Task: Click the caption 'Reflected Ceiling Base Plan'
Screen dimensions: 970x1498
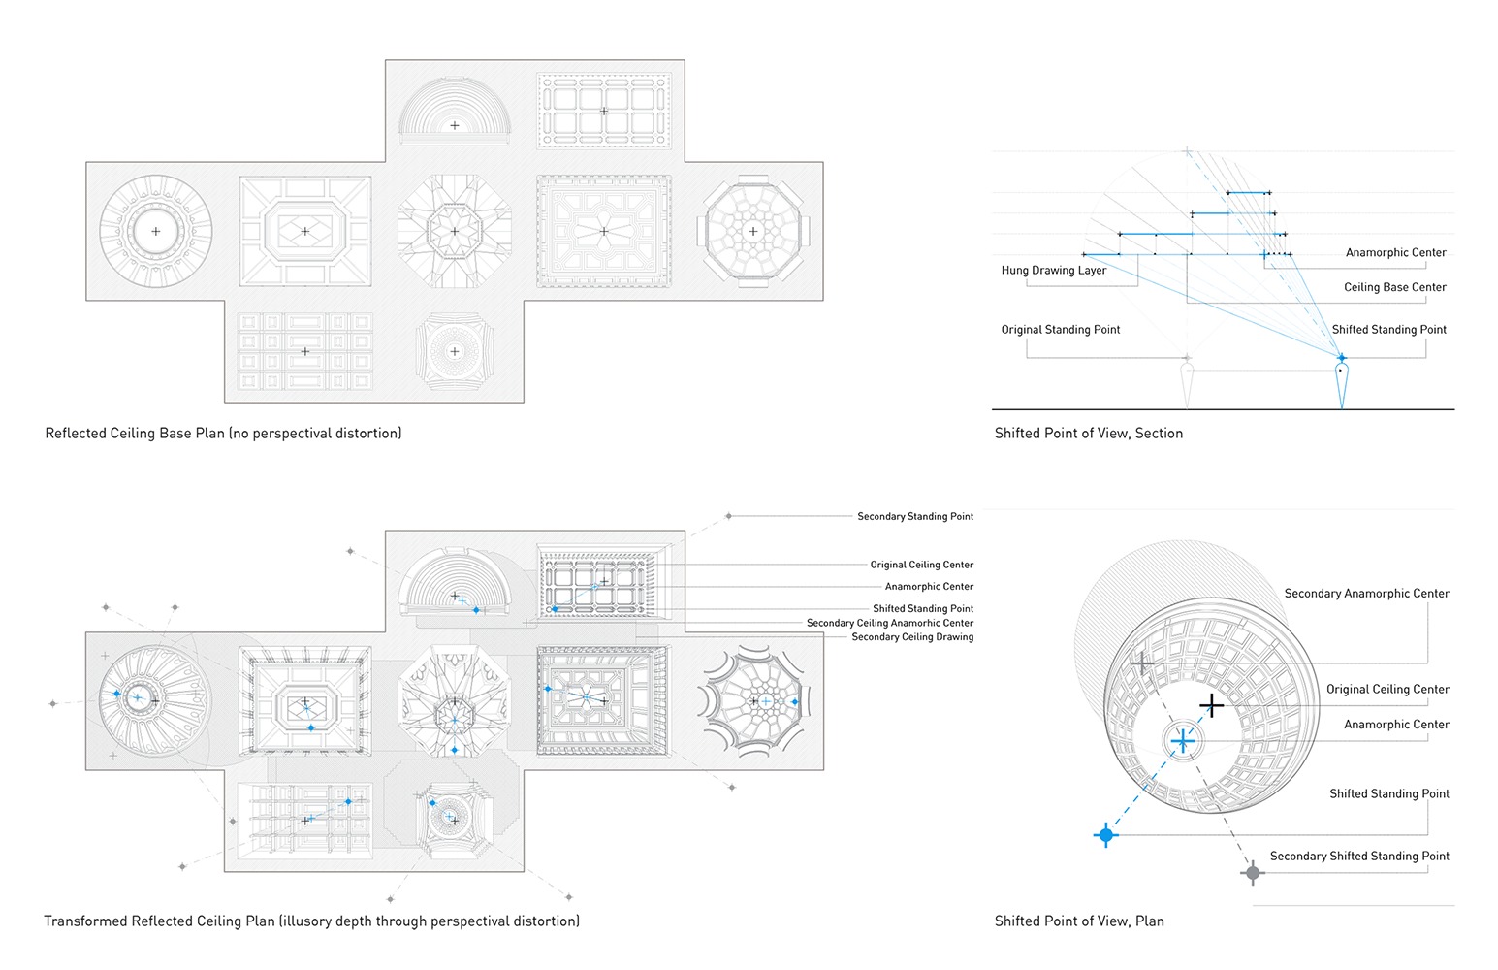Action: click(223, 434)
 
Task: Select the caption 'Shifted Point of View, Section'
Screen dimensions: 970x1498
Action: click(1088, 434)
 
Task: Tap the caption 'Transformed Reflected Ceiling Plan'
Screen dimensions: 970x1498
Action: click(311, 921)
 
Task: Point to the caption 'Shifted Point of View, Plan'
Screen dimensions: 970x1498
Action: click(1078, 921)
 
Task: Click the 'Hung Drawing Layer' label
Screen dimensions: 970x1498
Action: click(1053, 271)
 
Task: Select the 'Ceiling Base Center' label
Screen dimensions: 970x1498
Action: click(1394, 287)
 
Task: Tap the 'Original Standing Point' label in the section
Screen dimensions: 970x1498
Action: click(1060, 330)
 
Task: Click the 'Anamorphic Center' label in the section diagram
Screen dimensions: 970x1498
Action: click(1395, 252)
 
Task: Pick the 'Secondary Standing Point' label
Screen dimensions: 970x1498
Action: click(914, 516)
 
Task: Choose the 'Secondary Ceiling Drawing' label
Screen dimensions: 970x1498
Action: click(911, 637)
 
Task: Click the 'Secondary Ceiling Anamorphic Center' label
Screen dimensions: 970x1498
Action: click(889, 623)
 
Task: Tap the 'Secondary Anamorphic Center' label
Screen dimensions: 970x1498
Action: click(1366, 593)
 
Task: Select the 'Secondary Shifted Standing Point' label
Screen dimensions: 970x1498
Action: click(1359, 856)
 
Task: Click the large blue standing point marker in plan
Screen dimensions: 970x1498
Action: click(1105, 834)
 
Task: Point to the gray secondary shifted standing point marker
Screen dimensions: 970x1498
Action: click(1253, 873)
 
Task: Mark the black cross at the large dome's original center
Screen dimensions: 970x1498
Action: click(1211, 705)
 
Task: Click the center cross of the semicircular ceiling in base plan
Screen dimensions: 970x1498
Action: click(455, 125)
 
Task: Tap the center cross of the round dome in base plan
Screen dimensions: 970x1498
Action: click(155, 231)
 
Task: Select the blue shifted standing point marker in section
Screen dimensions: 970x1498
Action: click(1342, 358)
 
